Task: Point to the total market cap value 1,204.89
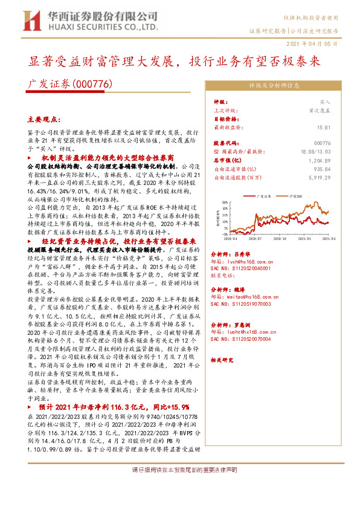(x=320, y=160)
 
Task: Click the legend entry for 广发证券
(x=266, y=196)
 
